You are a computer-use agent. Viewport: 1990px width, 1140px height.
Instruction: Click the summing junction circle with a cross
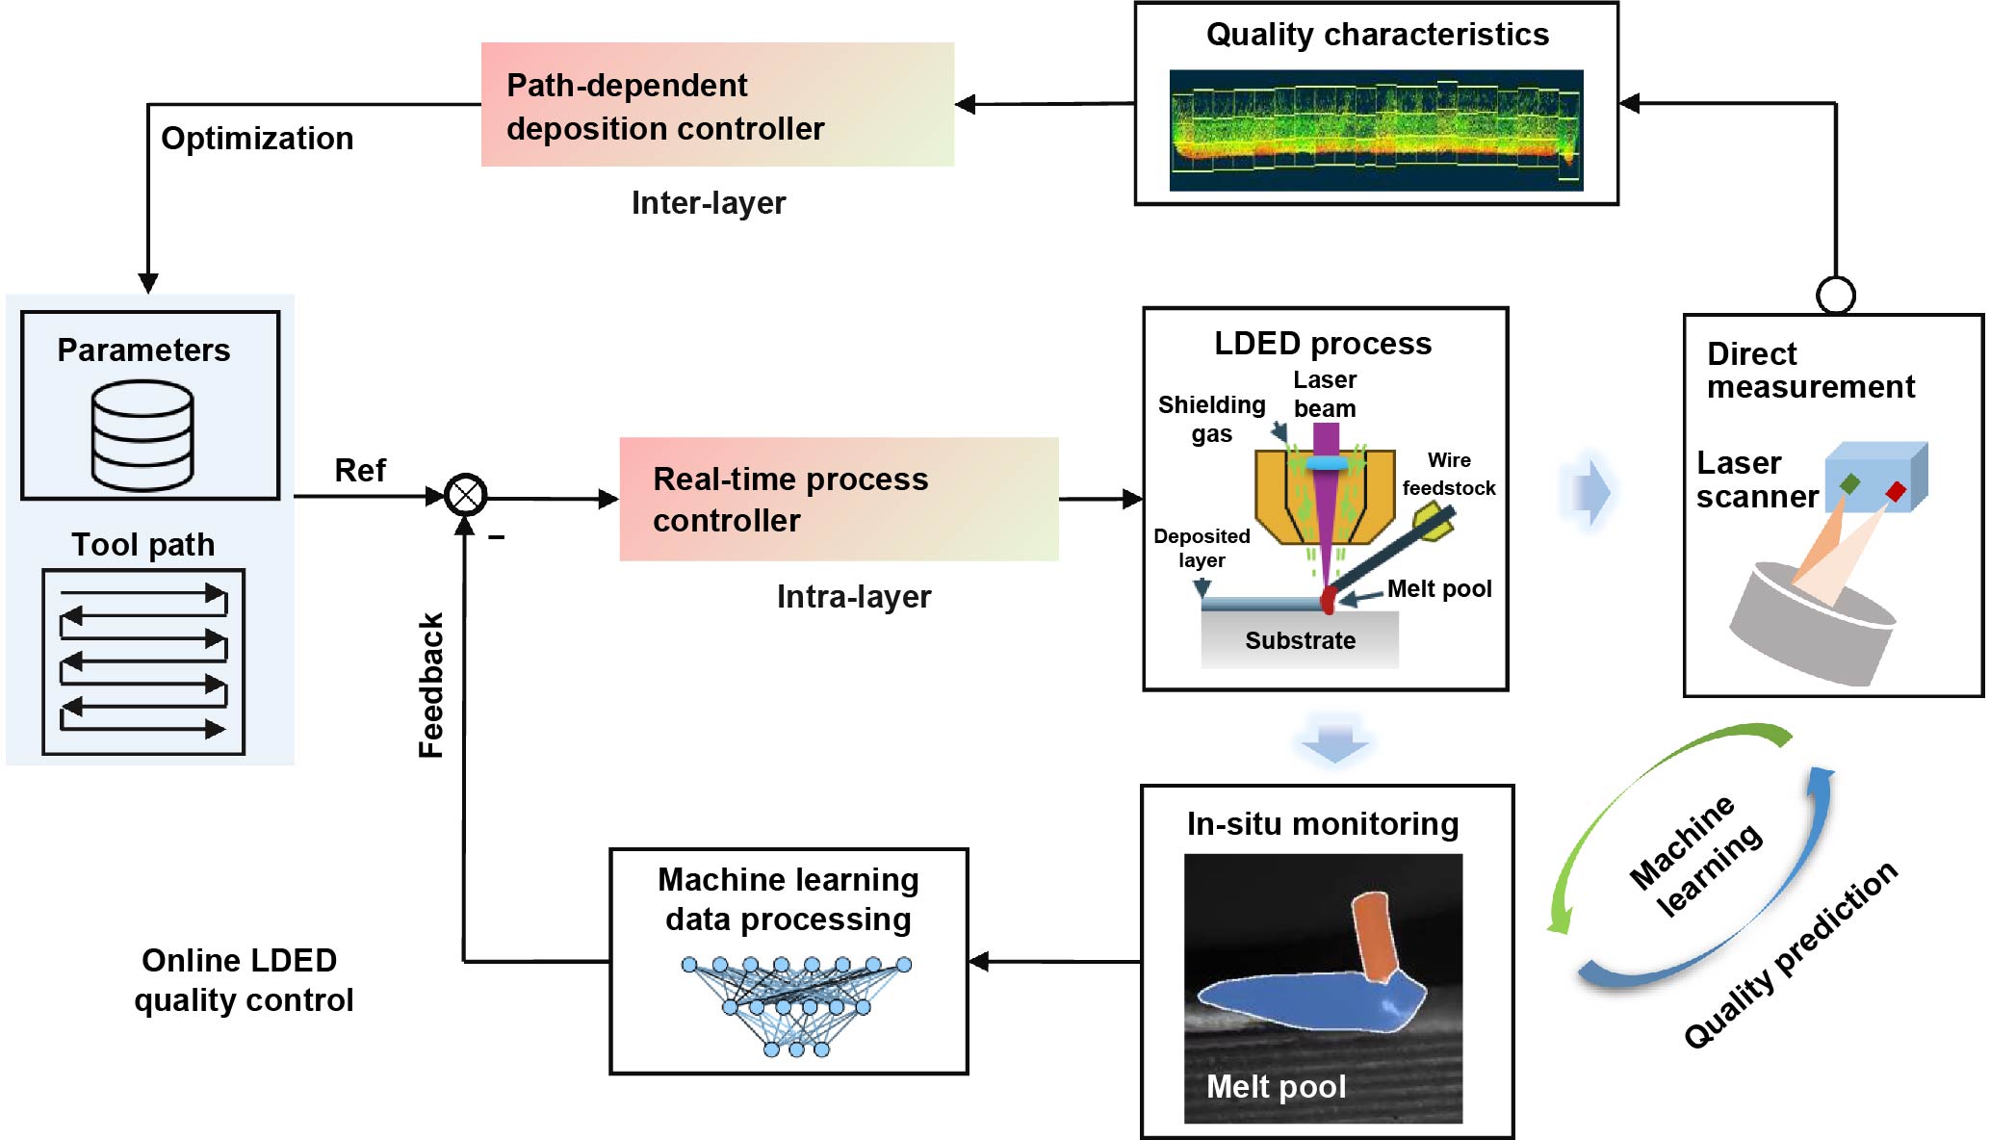point(466,496)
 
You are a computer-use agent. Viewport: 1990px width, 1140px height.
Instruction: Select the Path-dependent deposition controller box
point(717,105)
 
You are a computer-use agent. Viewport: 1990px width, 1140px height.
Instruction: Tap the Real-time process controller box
point(839,499)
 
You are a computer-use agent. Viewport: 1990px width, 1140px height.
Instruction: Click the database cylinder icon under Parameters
point(142,435)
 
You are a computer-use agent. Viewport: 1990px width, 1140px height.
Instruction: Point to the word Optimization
point(257,139)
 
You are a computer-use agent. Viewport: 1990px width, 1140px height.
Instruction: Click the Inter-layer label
point(709,203)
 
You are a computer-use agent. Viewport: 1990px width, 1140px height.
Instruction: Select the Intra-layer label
point(854,597)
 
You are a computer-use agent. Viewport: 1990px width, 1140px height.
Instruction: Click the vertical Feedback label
point(431,686)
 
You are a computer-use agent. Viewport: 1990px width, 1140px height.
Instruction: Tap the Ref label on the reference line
point(359,471)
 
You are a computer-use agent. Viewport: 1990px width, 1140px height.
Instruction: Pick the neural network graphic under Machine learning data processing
point(795,1005)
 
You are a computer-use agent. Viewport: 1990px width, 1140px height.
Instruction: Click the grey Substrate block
point(1300,640)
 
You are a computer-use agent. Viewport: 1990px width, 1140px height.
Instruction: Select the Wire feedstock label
point(1449,474)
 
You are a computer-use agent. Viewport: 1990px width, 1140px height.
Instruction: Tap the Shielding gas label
point(1211,419)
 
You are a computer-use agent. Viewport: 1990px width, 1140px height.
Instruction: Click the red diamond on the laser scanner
point(1896,492)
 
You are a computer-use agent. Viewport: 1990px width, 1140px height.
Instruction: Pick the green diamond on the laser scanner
point(1849,483)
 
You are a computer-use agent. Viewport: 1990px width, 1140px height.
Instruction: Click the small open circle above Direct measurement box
point(1836,295)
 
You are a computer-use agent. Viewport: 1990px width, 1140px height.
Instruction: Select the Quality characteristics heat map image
point(1376,130)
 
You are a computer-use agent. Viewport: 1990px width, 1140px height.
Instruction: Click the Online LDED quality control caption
point(243,980)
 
